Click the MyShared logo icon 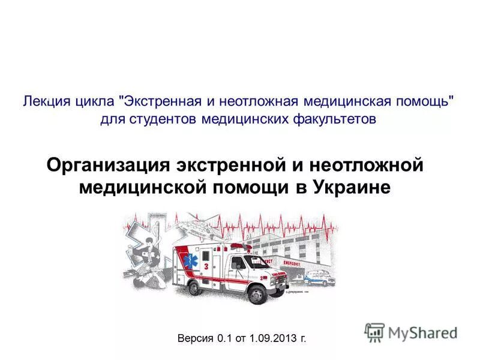click(374, 332)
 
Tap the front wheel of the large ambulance click(257, 293)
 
